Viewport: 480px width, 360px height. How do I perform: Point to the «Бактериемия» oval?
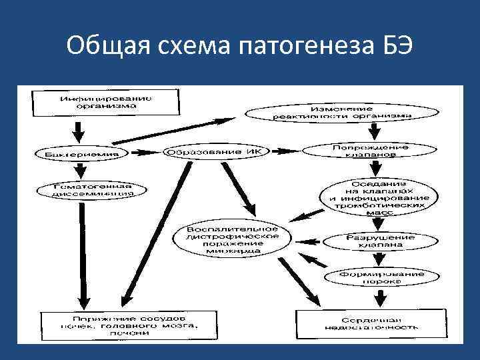click(x=82, y=154)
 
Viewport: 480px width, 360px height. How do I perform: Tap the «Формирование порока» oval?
click(x=373, y=276)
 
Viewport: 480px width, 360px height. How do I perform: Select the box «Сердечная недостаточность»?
click(x=372, y=323)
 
